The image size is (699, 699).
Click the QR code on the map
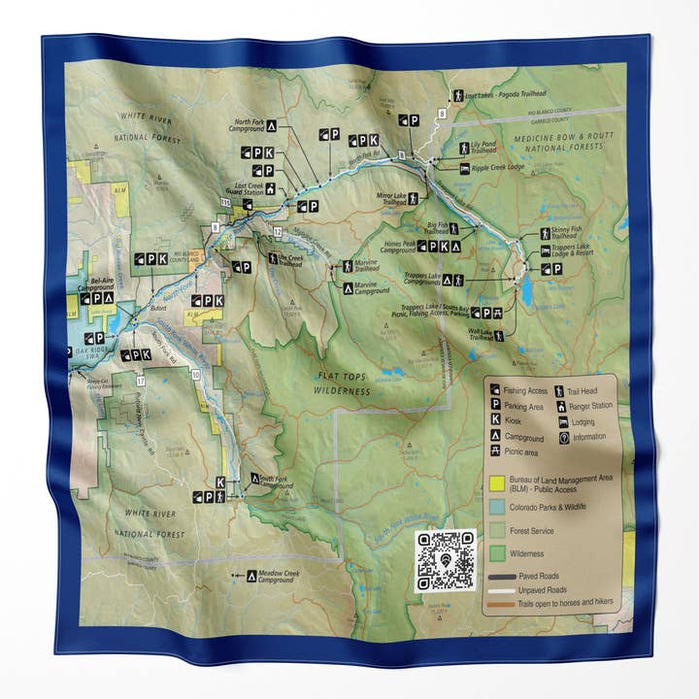(x=446, y=560)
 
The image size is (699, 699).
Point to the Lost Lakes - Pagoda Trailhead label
(x=494, y=96)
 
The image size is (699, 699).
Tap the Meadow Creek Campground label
(x=281, y=577)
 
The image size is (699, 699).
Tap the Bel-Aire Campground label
(x=95, y=283)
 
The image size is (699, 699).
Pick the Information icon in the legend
(x=564, y=437)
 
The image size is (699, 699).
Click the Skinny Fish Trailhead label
(x=568, y=235)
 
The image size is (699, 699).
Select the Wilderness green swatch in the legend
(x=497, y=553)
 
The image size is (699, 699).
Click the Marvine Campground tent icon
(x=349, y=288)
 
